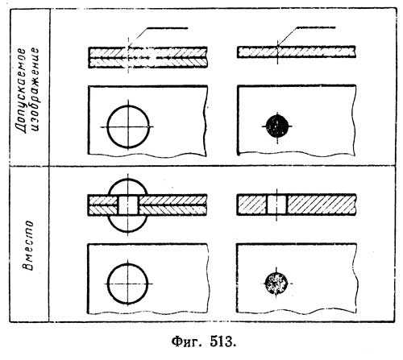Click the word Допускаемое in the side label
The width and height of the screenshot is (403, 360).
tap(21, 91)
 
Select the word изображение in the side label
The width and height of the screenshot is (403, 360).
tap(35, 89)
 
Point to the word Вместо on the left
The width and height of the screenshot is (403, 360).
tap(28, 245)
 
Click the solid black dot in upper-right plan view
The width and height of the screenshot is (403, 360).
tap(277, 126)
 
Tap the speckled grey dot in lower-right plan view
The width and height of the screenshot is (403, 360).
tap(276, 283)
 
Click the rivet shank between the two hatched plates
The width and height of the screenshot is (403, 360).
tap(128, 205)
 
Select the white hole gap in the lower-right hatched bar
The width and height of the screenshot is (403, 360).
tap(276, 205)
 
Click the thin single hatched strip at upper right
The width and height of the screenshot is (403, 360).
tap(297, 52)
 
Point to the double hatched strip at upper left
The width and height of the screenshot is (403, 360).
tap(147, 57)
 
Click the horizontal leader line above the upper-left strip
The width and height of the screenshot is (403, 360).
tap(167, 28)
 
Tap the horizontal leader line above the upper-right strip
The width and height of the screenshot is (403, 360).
tap(316, 27)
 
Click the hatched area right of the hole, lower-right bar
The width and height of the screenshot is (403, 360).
tap(322, 205)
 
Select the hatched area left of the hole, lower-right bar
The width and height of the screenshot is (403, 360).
tap(251, 205)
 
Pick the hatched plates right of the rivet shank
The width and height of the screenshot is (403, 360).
tap(172, 205)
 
